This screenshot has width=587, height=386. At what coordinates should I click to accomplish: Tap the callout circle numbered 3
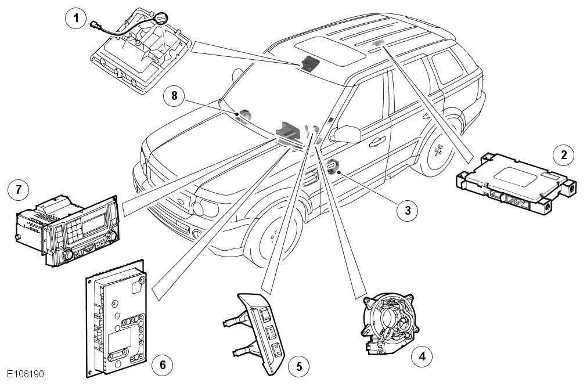coord(407,210)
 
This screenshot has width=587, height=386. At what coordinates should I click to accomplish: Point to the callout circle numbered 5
coord(300,366)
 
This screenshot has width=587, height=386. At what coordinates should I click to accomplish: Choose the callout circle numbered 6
coord(163,365)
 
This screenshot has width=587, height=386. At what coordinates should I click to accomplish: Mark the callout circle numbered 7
coord(19,189)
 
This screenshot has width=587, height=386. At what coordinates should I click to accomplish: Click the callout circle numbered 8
coord(174,95)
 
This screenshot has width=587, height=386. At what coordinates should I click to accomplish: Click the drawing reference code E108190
coord(26,375)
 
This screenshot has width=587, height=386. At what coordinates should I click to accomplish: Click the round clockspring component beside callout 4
coord(390,320)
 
